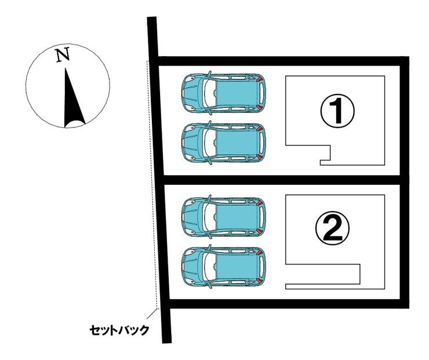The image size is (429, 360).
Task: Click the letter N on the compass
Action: (x=63, y=55)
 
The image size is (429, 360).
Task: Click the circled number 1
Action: (x=337, y=112)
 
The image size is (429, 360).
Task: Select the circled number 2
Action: (x=332, y=230)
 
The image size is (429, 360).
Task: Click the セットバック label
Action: (x=119, y=330)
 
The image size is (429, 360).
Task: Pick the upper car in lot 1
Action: (x=223, y=92)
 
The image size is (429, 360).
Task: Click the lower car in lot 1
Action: (x=223, y=142)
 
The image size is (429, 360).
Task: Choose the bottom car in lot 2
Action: (x=223, y=266)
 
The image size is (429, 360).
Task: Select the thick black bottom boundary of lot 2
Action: (x=284, y=303)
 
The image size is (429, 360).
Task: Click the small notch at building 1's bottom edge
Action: (x=325, y=155)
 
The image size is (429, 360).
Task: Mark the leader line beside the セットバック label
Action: (x=154, y=317)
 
